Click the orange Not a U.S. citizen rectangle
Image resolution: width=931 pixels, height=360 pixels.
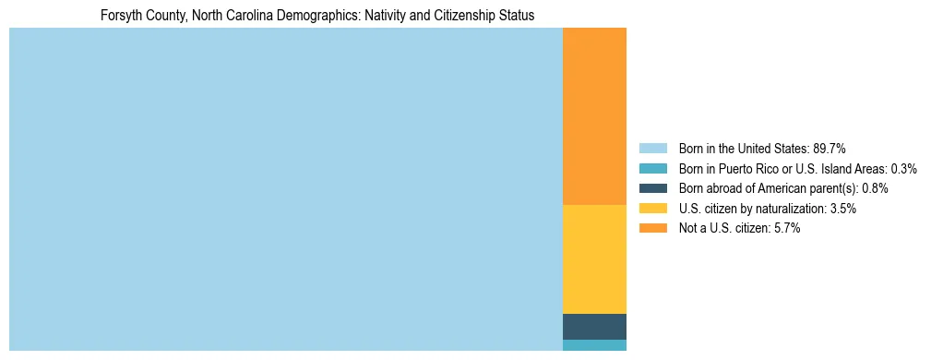594,115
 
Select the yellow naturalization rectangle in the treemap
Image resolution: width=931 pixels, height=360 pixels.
594,258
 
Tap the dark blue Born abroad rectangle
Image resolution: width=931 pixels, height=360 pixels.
594,327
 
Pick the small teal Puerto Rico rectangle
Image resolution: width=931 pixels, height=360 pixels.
594,345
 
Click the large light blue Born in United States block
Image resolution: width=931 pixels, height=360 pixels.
285,189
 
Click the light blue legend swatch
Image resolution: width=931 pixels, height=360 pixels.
652,149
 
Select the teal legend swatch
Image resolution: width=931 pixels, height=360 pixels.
652,169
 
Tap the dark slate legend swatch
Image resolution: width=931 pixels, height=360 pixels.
652,188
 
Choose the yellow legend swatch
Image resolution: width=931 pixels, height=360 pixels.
652,209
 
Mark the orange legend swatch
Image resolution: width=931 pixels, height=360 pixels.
652,229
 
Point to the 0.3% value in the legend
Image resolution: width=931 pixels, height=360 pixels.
904,169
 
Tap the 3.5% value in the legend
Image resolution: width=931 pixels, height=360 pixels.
843,209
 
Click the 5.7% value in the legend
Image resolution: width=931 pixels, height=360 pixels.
787,229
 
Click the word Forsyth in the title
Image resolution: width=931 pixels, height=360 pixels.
122,16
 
